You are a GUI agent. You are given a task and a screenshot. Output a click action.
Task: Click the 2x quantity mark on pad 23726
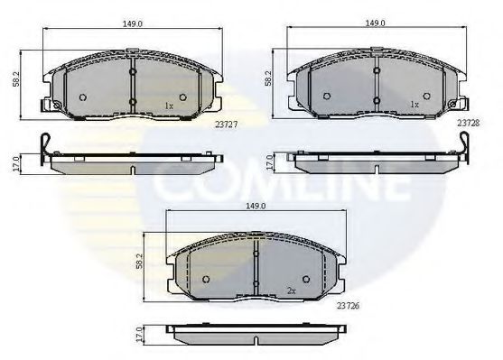pos(291,291)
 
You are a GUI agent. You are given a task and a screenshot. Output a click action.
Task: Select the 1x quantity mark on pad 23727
pos(168,106)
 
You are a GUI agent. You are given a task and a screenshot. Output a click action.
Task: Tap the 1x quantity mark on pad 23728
pos(415,106)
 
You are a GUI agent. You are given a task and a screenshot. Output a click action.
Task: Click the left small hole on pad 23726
pos(206,276)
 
